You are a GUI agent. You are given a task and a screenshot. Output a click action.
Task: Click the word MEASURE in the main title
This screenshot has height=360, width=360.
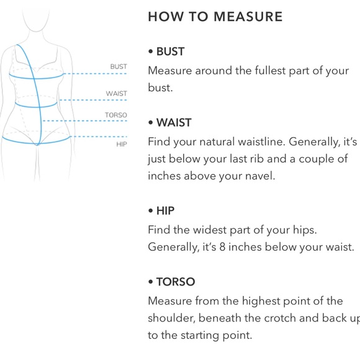248,17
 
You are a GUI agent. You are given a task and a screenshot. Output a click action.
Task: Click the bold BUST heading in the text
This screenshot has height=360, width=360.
170,52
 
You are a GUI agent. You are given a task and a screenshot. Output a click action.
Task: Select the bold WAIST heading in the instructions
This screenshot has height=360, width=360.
174,123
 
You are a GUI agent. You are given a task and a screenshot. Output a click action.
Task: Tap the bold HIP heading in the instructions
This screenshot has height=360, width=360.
165,211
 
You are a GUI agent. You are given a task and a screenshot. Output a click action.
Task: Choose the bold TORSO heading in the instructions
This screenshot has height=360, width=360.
176,282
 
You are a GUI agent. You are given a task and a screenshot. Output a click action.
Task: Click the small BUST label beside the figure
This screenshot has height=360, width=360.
119,66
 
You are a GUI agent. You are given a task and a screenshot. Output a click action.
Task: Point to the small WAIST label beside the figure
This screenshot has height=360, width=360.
117,94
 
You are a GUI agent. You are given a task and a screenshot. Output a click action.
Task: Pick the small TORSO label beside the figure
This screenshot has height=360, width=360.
116,115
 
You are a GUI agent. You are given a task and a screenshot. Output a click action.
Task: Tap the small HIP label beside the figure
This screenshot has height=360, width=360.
122,144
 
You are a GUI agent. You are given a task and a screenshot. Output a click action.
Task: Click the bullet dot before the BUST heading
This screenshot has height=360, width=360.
151,52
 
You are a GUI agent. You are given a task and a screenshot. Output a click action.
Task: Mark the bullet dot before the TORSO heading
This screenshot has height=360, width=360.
151,282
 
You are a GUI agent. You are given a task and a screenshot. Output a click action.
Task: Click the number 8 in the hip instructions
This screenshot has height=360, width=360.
222,247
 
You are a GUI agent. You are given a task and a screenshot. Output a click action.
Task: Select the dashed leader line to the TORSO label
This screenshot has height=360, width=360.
84,121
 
